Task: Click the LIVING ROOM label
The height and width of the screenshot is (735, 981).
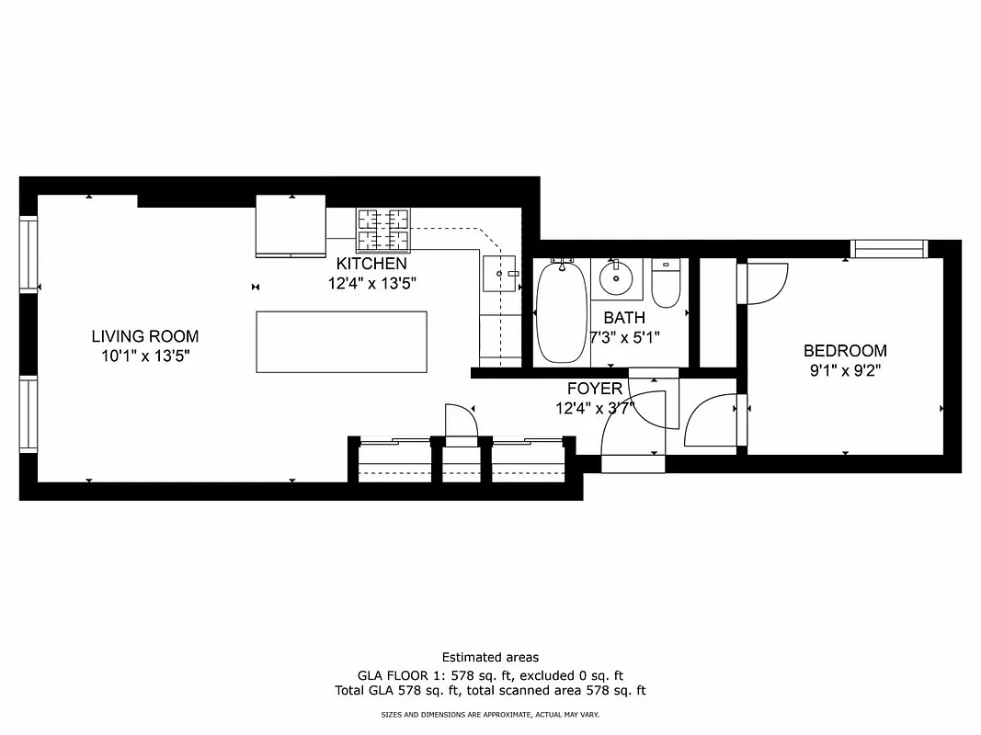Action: [x=144, y=336]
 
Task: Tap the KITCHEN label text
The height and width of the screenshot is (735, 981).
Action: [x=371, y=264]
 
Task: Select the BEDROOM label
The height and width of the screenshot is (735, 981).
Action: [x=845, y=350]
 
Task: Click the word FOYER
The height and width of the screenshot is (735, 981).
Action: [x=594, y=389]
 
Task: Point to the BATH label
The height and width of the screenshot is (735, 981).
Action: [x=624, y=317]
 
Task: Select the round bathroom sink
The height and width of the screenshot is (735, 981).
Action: [x=615, y=276]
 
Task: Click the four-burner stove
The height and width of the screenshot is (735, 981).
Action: [x=382, y=230]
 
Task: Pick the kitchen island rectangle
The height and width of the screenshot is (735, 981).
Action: [x=341, y=342]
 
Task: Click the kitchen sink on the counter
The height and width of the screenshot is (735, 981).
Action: [x=500, y=273]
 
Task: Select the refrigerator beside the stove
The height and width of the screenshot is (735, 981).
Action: [x=291, y=226]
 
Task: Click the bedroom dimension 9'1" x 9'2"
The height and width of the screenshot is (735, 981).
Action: [x=845, y=372]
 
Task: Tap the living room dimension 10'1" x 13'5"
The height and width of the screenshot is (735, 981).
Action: [x=144, y=356]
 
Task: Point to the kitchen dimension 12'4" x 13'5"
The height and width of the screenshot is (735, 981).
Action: [x=371, y=284]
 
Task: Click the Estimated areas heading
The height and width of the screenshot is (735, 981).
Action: [x=490, y=657]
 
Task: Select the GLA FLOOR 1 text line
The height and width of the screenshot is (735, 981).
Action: [x=490, y=674]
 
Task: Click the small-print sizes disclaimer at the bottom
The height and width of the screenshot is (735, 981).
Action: [x=490, y=714]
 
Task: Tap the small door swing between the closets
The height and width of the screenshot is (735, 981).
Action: [x=461, y=424]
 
